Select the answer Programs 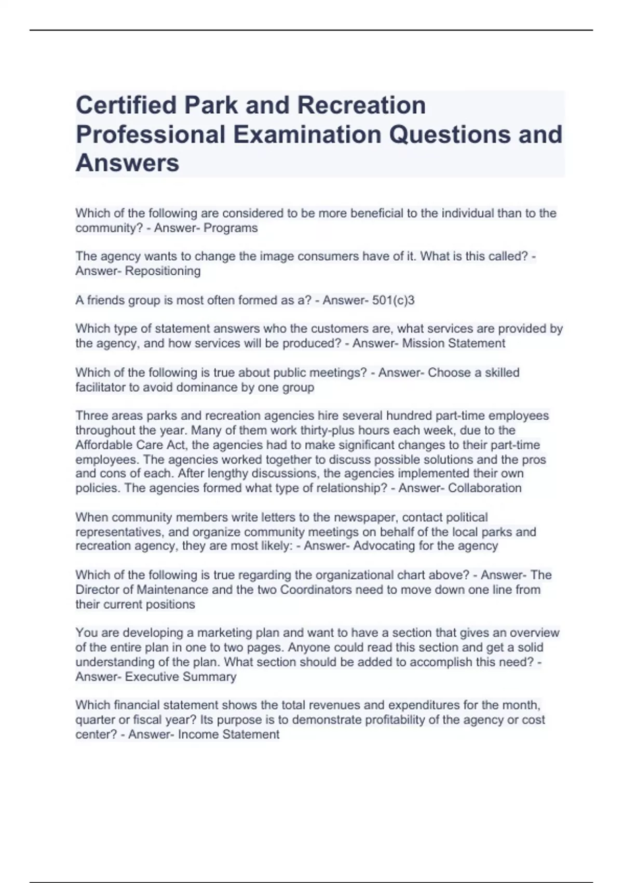(231, 228)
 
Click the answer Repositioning (162, 271)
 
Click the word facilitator (103, 387)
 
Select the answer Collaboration (484, 488)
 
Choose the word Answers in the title (127, 163)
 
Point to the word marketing (225, 633)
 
